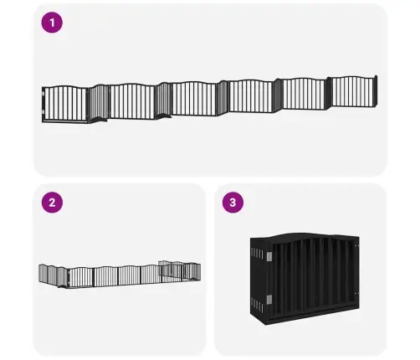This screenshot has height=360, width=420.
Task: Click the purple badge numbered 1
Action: [x=52, y=23]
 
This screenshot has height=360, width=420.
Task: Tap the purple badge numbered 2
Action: [x=52, y=203]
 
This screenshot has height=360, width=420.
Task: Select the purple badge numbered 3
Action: [x=233, y=203]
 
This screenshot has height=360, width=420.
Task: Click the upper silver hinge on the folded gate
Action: [x=269, y=256]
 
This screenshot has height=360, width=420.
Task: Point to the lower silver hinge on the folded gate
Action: [x=269, y=300]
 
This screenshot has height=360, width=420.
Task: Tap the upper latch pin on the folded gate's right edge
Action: [x=356, y=246]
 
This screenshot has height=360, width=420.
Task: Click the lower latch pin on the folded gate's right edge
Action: [x=356, y=293]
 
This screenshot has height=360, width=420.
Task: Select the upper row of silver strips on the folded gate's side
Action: [x=257, y=254]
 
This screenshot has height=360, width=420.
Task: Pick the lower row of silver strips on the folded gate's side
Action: [x=257, y=305]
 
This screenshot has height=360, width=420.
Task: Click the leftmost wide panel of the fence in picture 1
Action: [x=66, y=104]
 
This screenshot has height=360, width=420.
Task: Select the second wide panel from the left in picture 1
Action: [x=132, y=101]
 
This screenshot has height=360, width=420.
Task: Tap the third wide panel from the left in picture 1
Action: [x=194, y=99]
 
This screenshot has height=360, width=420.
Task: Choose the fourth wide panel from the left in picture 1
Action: [x=250, y=96]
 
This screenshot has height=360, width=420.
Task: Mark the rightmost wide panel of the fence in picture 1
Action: [x=353, y=91]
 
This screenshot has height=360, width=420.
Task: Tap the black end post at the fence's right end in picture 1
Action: [x=376, y=90]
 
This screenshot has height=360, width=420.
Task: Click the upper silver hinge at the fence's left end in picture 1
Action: [x=44, y=93]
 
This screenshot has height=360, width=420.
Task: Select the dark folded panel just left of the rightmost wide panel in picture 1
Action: [x=328, y=93]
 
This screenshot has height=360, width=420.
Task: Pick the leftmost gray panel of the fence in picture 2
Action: [x=43, y=274]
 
